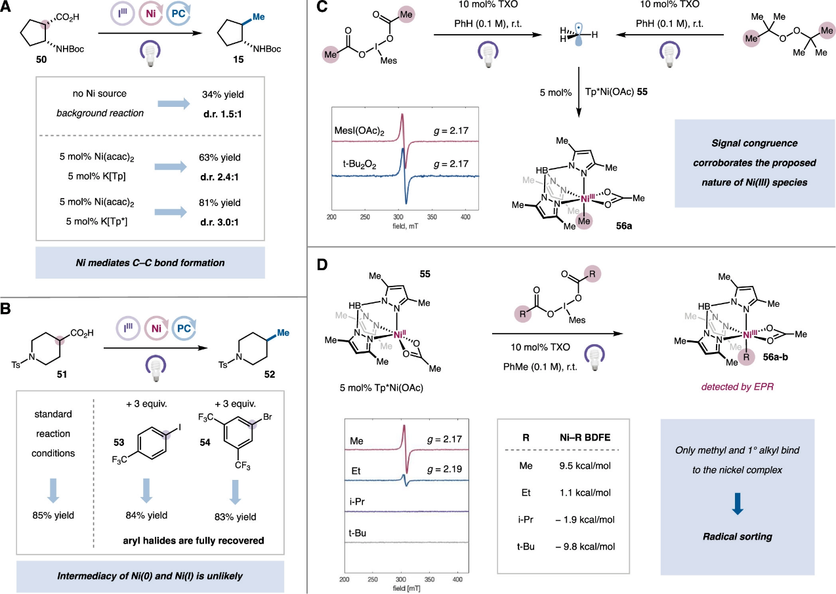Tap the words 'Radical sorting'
coord(737,537)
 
